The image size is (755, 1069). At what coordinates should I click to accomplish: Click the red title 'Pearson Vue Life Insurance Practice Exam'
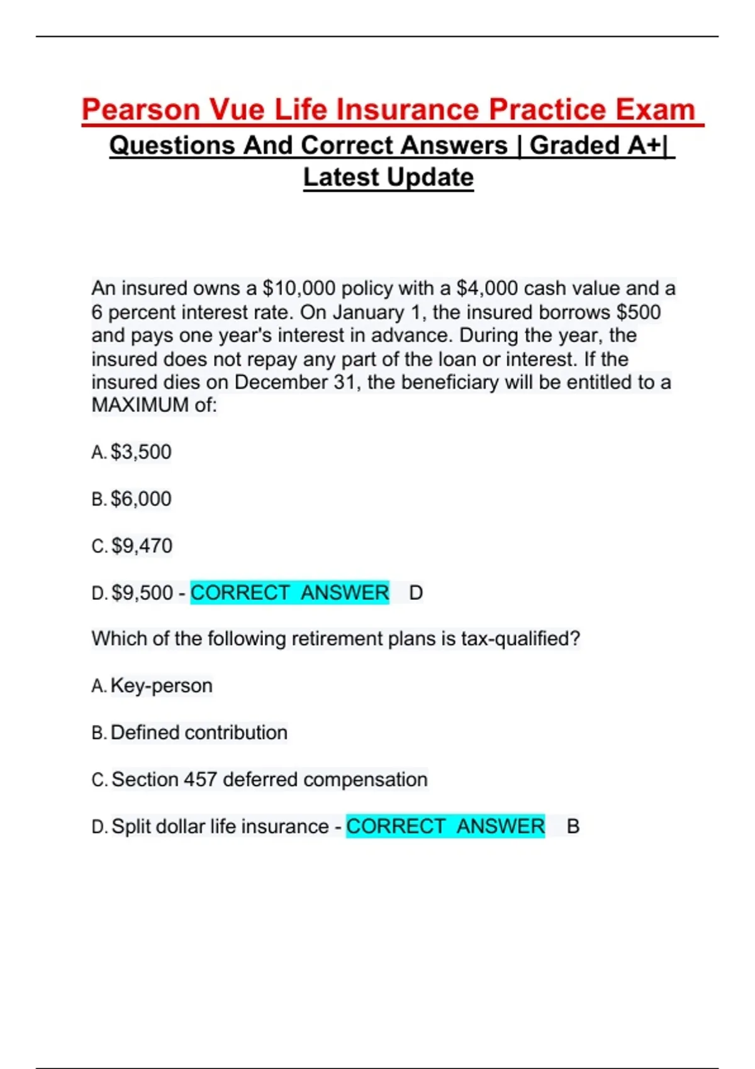click(x=388, y=109)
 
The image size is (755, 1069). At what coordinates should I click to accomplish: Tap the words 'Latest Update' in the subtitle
click(x=388, y=177)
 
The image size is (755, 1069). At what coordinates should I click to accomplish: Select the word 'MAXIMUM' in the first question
click(x=140, y=406)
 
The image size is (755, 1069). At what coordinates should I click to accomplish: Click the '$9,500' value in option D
click(x=142, y=593)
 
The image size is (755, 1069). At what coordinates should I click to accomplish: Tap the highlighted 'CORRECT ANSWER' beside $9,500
click(x=289, y=593)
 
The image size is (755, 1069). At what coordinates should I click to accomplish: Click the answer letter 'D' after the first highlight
click(x=416, y=593)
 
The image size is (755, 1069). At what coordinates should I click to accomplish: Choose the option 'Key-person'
click(x=161, y=685)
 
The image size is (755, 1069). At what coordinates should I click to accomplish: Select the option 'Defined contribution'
click(x=199, y=733)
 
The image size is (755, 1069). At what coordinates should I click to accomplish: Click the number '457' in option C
click(x=200, y=780)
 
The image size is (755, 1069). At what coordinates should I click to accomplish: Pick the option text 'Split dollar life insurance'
click(x=220, y=826)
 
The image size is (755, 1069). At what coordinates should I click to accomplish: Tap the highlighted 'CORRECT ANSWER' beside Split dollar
click(x=445, y=826)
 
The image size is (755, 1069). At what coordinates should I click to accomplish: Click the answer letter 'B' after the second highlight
click(x=573, y=826)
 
